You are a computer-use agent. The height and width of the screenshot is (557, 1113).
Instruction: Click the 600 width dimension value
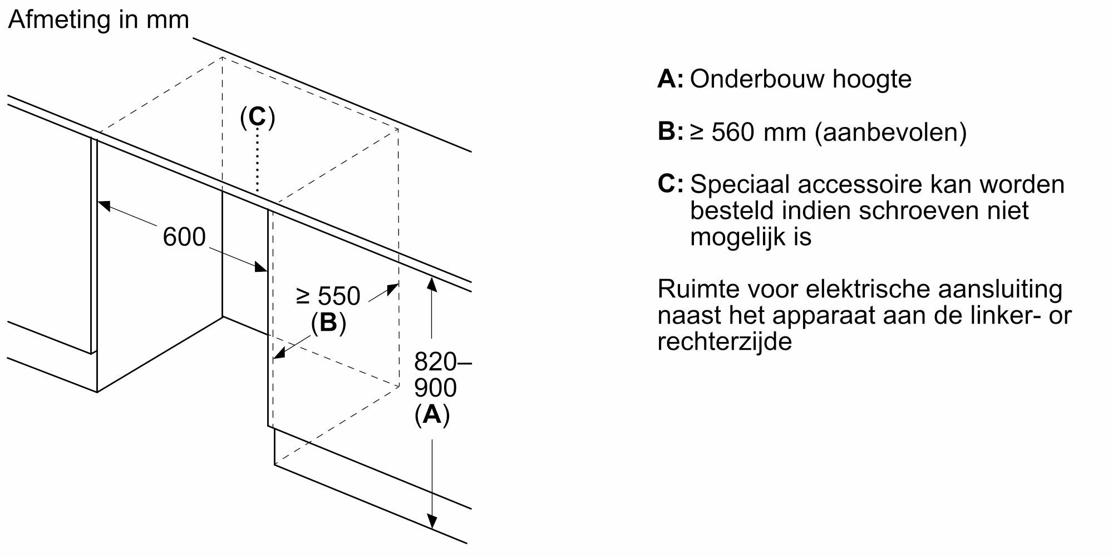184,237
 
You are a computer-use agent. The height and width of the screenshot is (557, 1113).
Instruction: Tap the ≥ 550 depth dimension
328,296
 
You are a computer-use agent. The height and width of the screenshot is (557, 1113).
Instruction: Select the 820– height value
442,362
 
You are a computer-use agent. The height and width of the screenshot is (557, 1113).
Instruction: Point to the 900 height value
435,388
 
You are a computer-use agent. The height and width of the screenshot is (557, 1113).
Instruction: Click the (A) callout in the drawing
432,414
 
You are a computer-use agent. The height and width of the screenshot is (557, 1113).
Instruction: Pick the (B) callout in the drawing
328,323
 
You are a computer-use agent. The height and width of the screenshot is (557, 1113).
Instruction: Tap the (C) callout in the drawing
257,118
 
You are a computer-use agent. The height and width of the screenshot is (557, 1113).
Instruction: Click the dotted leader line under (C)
257,162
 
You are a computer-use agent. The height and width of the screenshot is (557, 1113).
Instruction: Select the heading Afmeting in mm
99,20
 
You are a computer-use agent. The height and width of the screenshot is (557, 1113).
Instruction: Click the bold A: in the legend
670,79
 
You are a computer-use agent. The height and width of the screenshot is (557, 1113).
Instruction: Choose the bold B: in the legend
670,132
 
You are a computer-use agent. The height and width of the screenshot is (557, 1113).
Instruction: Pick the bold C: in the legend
670,184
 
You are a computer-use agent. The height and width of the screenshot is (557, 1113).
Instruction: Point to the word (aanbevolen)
890,133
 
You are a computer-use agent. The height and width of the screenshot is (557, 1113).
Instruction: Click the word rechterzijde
725,341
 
